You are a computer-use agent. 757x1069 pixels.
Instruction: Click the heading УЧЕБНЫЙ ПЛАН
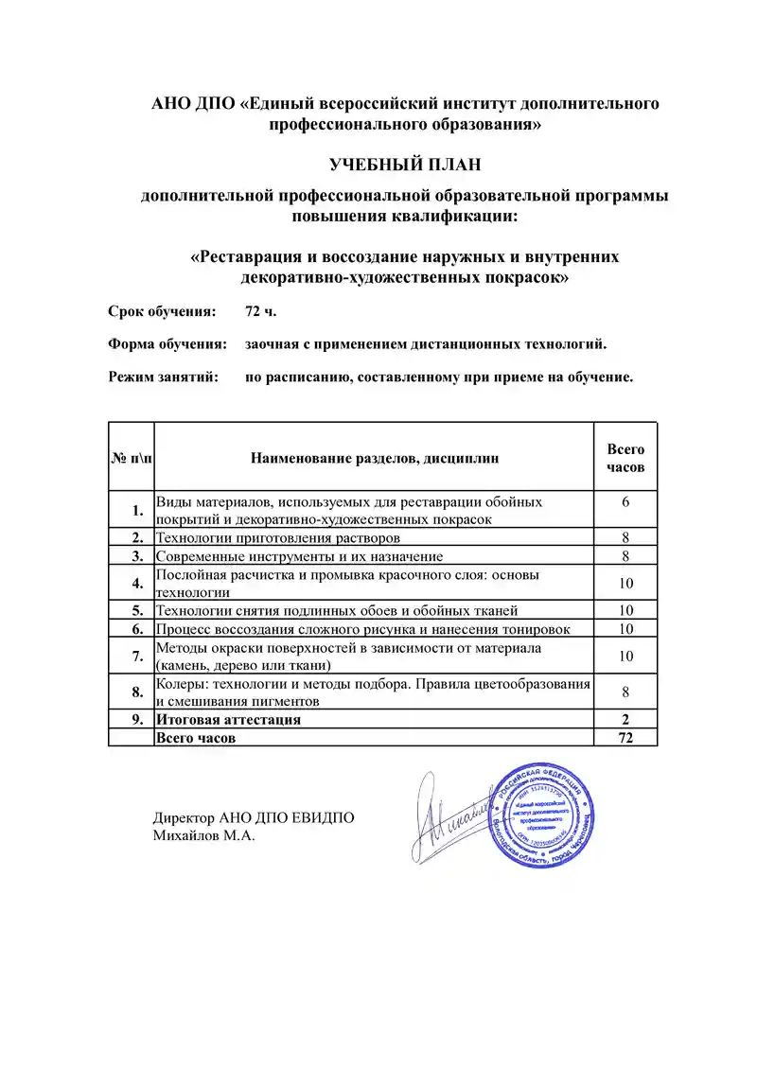coord(405,165)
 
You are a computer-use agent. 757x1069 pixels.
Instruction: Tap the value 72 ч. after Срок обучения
coord(261,311)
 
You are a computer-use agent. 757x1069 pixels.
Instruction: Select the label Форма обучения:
coord(167,344)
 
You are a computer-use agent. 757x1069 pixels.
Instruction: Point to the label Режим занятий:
coord(163,377)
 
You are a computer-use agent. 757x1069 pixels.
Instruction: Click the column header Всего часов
coord(625,458)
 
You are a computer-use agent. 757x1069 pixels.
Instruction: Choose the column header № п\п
coord(131,458)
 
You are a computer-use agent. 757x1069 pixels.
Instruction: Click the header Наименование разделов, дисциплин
coord(374,458)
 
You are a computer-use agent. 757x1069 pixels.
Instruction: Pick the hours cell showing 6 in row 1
coord(625,501)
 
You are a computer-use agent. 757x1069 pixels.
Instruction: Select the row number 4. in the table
coord(137,583)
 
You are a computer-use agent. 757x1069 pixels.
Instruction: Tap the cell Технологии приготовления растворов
coord(271,537)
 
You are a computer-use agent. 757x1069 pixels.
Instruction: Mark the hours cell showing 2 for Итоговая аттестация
coord(625,720)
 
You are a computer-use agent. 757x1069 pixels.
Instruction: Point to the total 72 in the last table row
coord(625,738)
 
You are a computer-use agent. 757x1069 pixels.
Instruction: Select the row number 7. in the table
coord(137,656)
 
